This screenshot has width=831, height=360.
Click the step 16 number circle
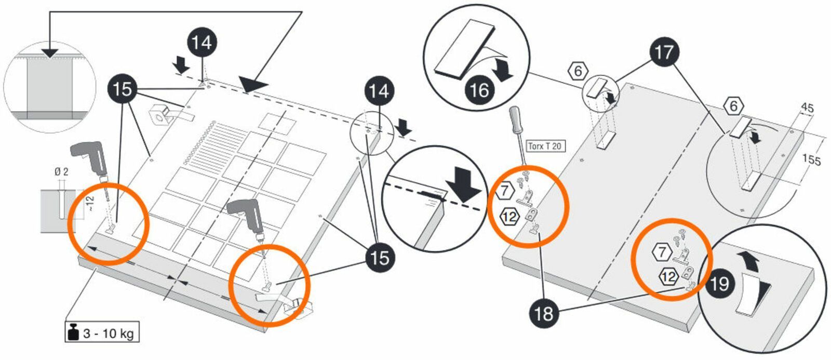pyautogui.click(x=479, y=90)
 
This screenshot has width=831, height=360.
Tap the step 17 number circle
pyautogui.click(x=664, y=52)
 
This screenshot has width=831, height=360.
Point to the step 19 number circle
pyautogui.click(x=719, y=284)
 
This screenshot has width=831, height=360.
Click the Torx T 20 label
pyautogui.click(x=545, y=146)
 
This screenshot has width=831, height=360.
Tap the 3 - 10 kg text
pyautogui.click(x=109, y=334)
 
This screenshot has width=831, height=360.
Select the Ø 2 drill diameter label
pyautogui.click(x=62, y=172)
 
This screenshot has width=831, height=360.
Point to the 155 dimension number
pyautogui.click(x=811, y=159)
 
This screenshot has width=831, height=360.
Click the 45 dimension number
pyautogui.click(x=808, y=108)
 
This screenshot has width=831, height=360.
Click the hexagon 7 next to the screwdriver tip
pyautogui.click(x=504, y=191)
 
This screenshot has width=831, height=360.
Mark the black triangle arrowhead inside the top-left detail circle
pyautogui.click(x=49, y=52)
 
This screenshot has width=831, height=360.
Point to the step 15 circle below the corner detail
pyautogui.click(x=380, y=257)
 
